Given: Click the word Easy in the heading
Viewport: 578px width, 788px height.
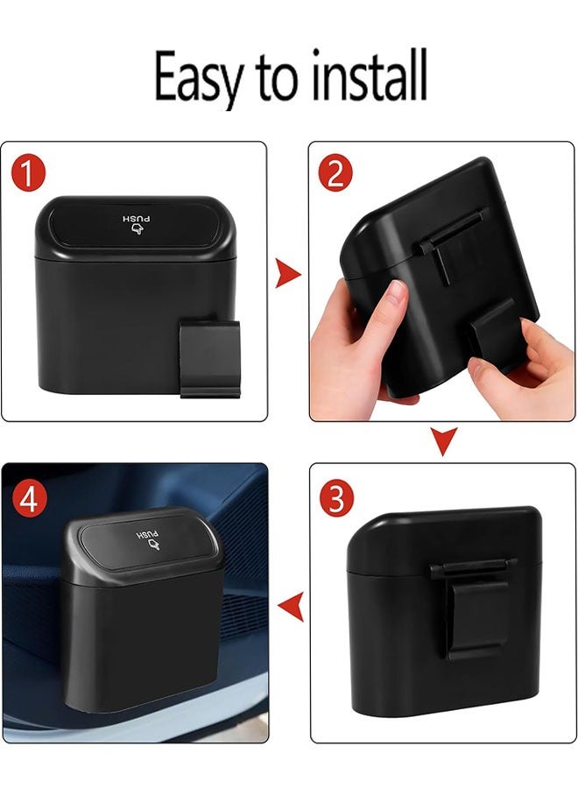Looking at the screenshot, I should (x=200, y=78).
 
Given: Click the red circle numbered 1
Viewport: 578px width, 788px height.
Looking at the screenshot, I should (x=28, y=173).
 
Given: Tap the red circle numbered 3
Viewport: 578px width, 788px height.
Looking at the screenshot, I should (x=336, y=497).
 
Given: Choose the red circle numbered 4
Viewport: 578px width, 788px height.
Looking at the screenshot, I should (x=29, y=501).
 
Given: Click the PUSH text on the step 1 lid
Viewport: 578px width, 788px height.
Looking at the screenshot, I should (x=137, y=217).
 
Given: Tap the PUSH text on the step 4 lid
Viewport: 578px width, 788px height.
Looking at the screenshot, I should (x=148, y=533).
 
